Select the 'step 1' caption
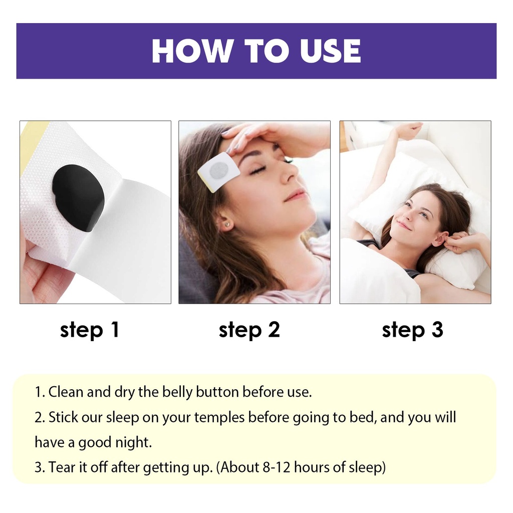89,330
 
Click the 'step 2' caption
249,330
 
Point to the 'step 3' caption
413,330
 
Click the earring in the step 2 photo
227,225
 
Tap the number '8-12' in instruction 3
277,467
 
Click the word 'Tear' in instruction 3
62,467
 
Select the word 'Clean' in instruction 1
66,392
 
